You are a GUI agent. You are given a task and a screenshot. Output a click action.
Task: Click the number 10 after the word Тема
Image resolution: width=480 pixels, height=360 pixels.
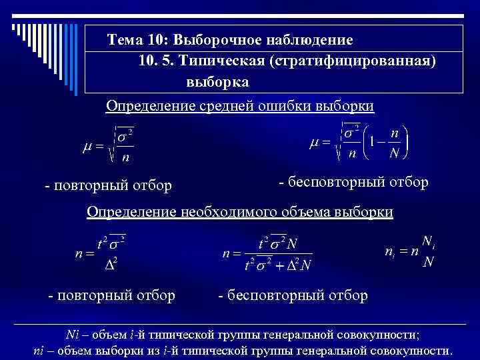coord(157,40)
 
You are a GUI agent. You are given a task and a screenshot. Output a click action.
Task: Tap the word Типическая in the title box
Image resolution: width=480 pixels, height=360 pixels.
coord(225,61)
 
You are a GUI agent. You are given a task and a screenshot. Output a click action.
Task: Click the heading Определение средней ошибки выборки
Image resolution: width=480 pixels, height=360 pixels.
coord(240,106)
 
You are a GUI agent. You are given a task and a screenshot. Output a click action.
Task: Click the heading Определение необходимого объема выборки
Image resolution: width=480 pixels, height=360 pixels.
coord(240,212)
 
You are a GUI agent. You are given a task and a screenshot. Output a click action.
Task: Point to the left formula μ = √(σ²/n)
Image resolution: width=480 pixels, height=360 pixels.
coord(107,144)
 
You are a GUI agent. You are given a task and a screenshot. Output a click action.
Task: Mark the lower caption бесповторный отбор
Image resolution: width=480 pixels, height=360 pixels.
coord(293,295)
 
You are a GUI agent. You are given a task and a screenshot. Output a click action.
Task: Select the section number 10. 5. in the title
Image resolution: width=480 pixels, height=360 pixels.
coord(155,61)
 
